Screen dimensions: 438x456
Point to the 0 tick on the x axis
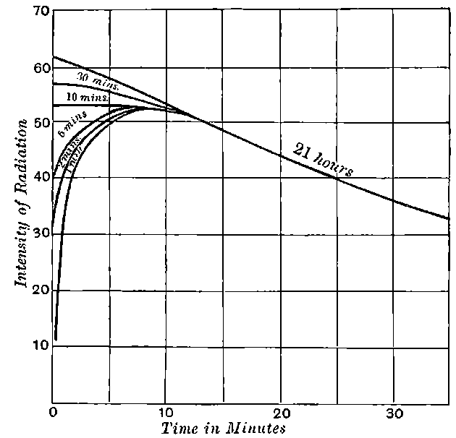pyautogui.click(x=54, y=413)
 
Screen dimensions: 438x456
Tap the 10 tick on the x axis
pyautogui.click(x=166, y=413)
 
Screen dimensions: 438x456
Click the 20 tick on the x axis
pyautogui.click(x=280, y=413)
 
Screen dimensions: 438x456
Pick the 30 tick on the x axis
pyautogui.click(x=393, y=413)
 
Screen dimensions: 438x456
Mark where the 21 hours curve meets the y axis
pyautogui.click(x=54, y=56)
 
